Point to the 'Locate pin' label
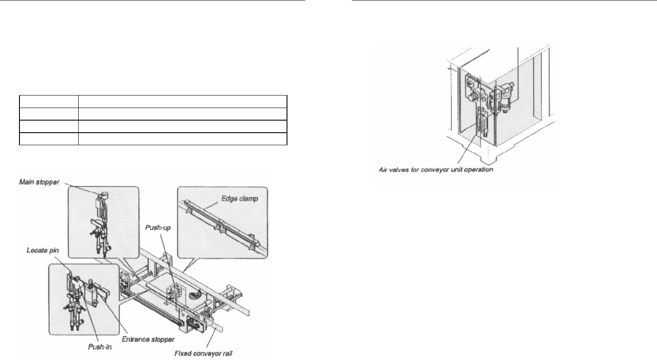(x=42, y=250)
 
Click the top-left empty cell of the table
(x=49, y=101)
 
